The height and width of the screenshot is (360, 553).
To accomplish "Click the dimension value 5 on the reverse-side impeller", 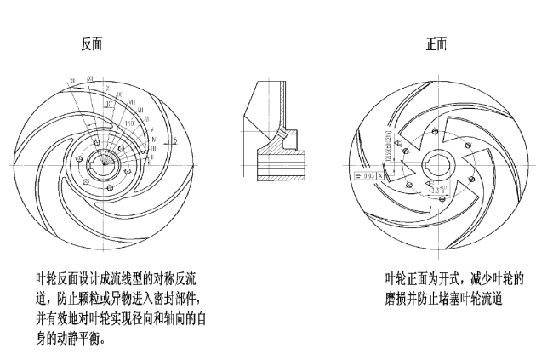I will coord(174,139).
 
